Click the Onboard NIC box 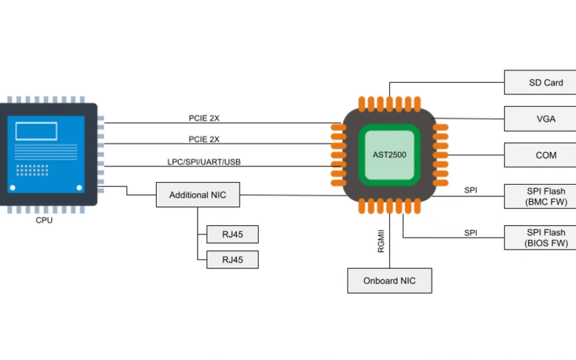(389, 281)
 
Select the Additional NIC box (198, 195)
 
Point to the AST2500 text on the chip (389, 155)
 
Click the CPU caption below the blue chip (44, 220)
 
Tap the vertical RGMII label (381, 241)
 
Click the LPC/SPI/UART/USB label (204, 162)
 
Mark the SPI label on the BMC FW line (471, 190)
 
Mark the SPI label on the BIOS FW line (471, 233)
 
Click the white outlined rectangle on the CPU (36, 131)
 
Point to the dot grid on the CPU (32, 170)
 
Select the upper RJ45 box (232, 234)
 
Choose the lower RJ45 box (232, 260)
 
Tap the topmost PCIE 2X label (204, 118)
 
